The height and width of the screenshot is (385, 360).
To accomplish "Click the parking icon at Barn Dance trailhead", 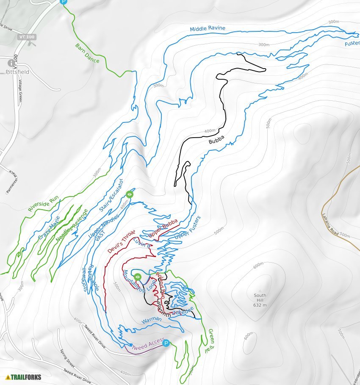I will tap(64, 2).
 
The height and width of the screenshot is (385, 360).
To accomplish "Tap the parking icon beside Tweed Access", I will tap(166, 343).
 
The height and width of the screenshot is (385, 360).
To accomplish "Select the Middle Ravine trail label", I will tap(208, 29).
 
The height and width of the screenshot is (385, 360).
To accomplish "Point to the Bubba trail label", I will tap(216, 140).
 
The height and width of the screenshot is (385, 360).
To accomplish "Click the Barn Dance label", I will tap(87, 53).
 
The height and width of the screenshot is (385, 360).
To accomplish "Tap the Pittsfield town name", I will tap(17, 72).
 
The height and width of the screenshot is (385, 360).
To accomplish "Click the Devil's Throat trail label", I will tap(121, 241).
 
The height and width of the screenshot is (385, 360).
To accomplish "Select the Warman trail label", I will tap(151, 321).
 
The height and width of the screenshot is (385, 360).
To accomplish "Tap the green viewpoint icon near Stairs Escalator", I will tap(130, 194).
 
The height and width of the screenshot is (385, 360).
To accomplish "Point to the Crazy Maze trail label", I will tap(49, 228).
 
